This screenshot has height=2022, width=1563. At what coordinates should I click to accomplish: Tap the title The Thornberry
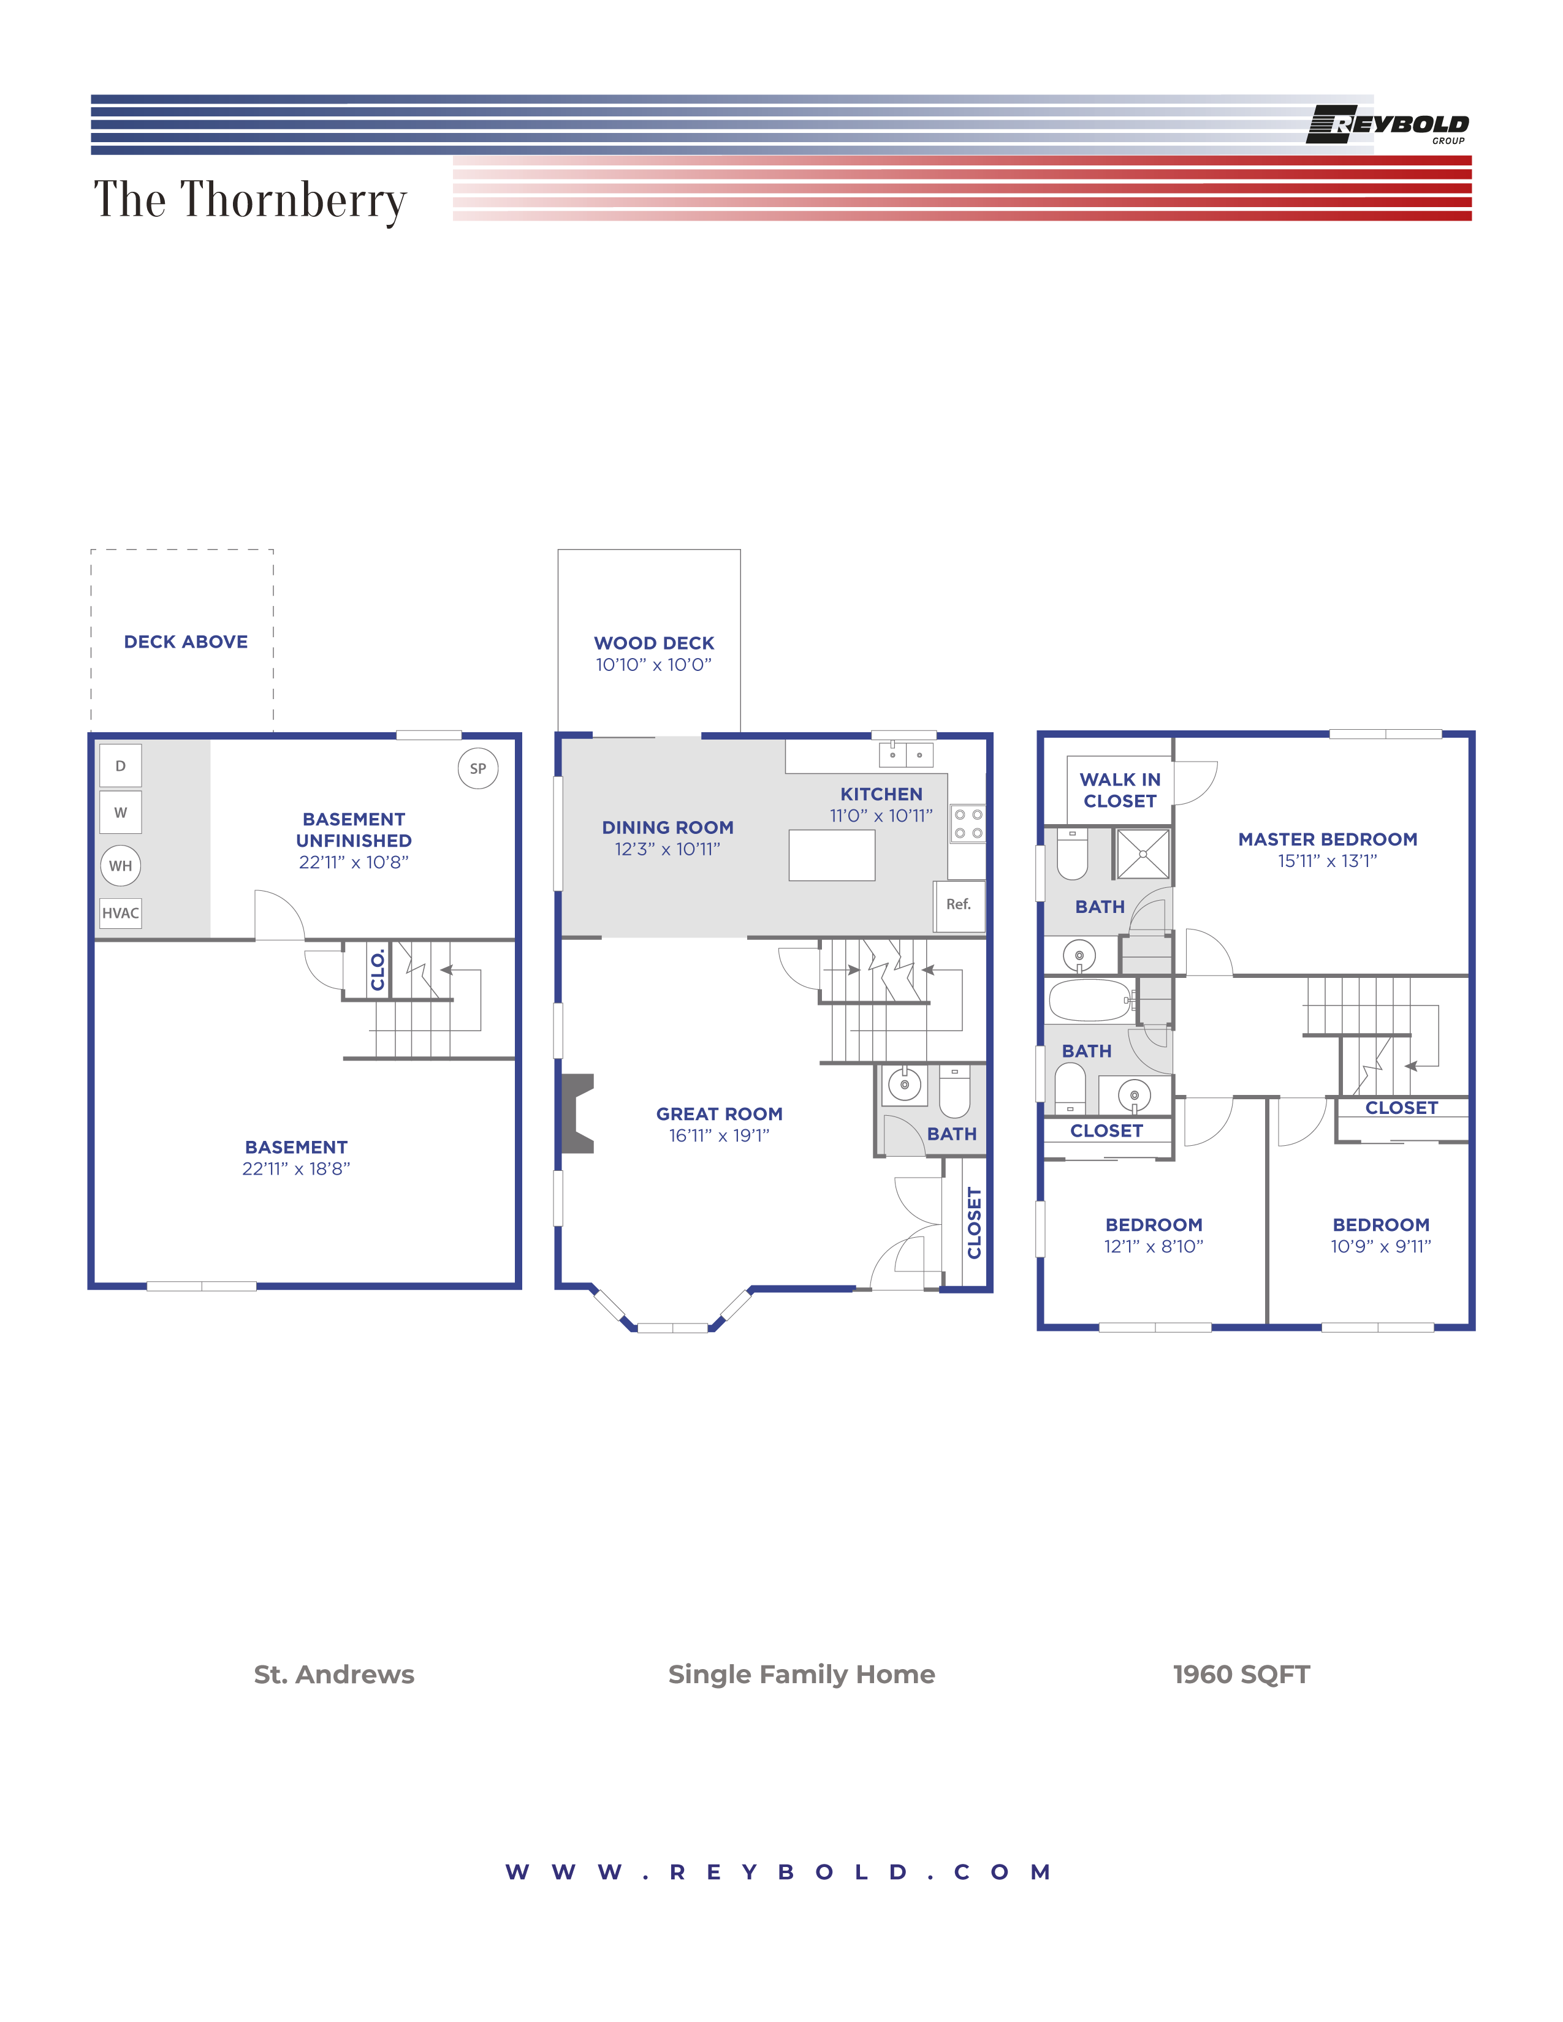pos(250,200)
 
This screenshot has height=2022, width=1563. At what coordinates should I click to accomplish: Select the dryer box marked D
pos(120,766)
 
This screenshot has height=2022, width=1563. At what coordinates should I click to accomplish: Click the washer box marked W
pos(120,812)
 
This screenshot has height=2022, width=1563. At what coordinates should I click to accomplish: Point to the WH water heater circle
pos(120,866)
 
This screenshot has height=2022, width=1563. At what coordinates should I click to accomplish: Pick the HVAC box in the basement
pos(120,913)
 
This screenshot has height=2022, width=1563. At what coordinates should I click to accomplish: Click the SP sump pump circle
pos(478,768)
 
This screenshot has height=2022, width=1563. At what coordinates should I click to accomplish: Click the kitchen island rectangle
pos(832,855)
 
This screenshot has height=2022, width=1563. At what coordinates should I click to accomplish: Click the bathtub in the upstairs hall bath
pos(1089,1000)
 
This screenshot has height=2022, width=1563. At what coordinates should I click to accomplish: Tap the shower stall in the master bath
pos(1143,854)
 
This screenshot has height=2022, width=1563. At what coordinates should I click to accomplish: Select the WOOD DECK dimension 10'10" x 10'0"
pos(654,665)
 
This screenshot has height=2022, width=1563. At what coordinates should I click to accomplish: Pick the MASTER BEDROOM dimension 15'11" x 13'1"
pos(1327,861)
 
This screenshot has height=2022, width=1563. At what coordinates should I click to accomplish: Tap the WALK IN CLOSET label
pos(1119,790)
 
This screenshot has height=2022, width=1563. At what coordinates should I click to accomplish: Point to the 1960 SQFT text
pos(1241,1674)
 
